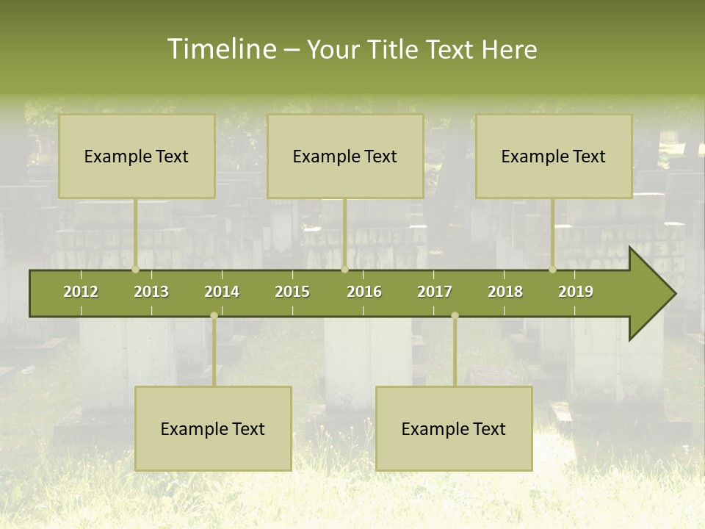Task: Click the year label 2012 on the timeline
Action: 81,292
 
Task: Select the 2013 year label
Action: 151,292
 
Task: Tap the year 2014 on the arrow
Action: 222,292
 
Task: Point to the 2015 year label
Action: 292,292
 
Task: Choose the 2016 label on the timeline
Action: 364,292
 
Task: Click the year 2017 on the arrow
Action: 435,292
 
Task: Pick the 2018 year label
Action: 505,292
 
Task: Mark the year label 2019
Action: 576,292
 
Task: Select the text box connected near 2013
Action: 137,156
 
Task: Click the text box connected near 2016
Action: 345,156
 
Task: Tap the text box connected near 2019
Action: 554,156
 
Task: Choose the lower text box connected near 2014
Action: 213,428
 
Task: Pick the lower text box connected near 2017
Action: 454,428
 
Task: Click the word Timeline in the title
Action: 221,49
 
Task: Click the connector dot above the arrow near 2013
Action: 135,270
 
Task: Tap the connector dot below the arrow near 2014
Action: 214,316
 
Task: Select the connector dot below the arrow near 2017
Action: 455,316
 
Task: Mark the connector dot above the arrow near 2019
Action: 552,270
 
